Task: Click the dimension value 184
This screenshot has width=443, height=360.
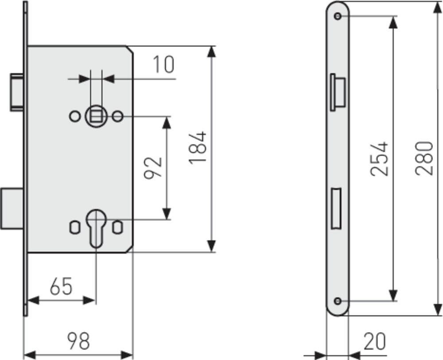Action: click(198, 148)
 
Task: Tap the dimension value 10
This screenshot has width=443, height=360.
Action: click(163, 65)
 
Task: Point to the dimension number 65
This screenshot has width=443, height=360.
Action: click(61, 287)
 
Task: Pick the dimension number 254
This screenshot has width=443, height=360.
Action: click(380, 159)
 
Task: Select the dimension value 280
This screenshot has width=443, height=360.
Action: click(424, 158)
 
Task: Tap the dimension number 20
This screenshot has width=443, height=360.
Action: click(374, 342)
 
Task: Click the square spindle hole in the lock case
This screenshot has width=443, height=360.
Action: click(96, 116)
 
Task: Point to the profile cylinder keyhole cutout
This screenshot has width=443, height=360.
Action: click(96, 227)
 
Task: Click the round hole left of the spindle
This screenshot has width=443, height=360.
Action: click(74, 116)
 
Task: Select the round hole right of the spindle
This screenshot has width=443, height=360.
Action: click(117, 116)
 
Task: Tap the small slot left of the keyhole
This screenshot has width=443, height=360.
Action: click(74, 227)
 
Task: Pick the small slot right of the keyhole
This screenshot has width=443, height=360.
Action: click(117, 227)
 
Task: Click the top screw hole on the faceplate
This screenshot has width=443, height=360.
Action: click(338, 16)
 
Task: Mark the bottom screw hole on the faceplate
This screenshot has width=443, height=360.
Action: click(338, 301)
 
